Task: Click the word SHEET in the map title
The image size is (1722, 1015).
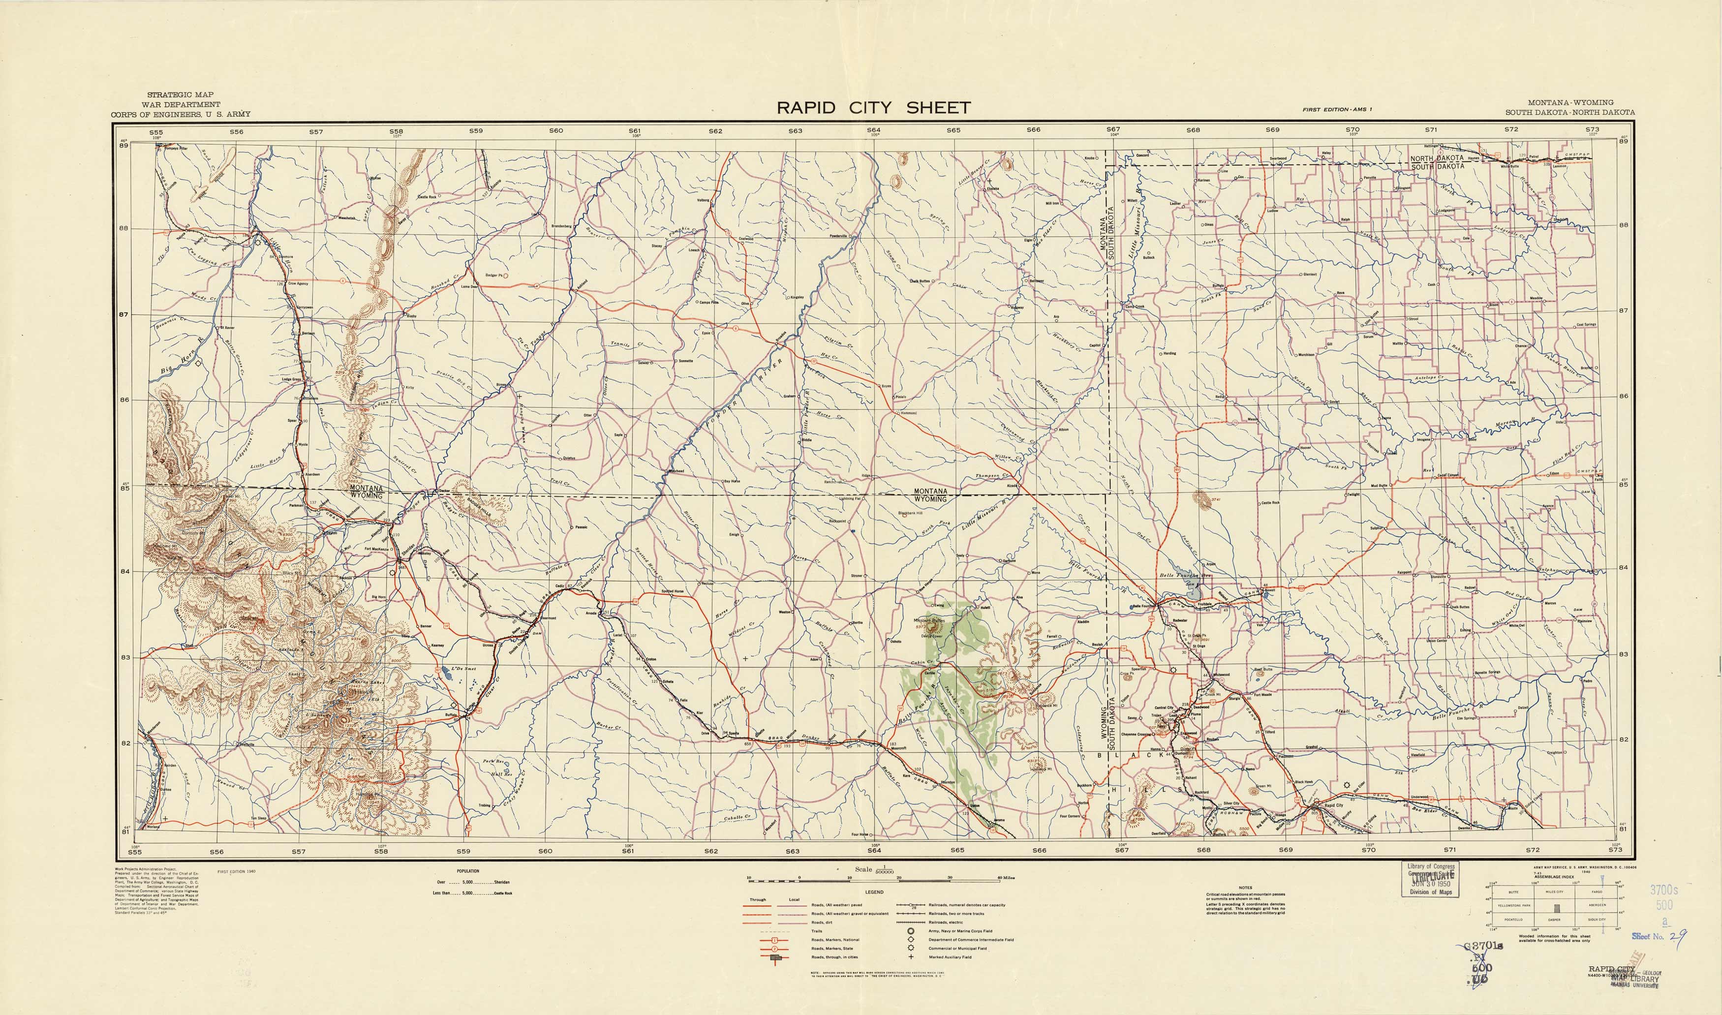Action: tap(938, 107)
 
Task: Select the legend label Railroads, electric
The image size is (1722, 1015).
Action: tap(947, 922)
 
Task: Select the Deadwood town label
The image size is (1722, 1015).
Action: tap(1201, 707)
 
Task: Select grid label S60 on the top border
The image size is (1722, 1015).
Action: tap(555, 131)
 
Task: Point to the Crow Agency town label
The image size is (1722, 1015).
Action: tap(298, 283)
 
